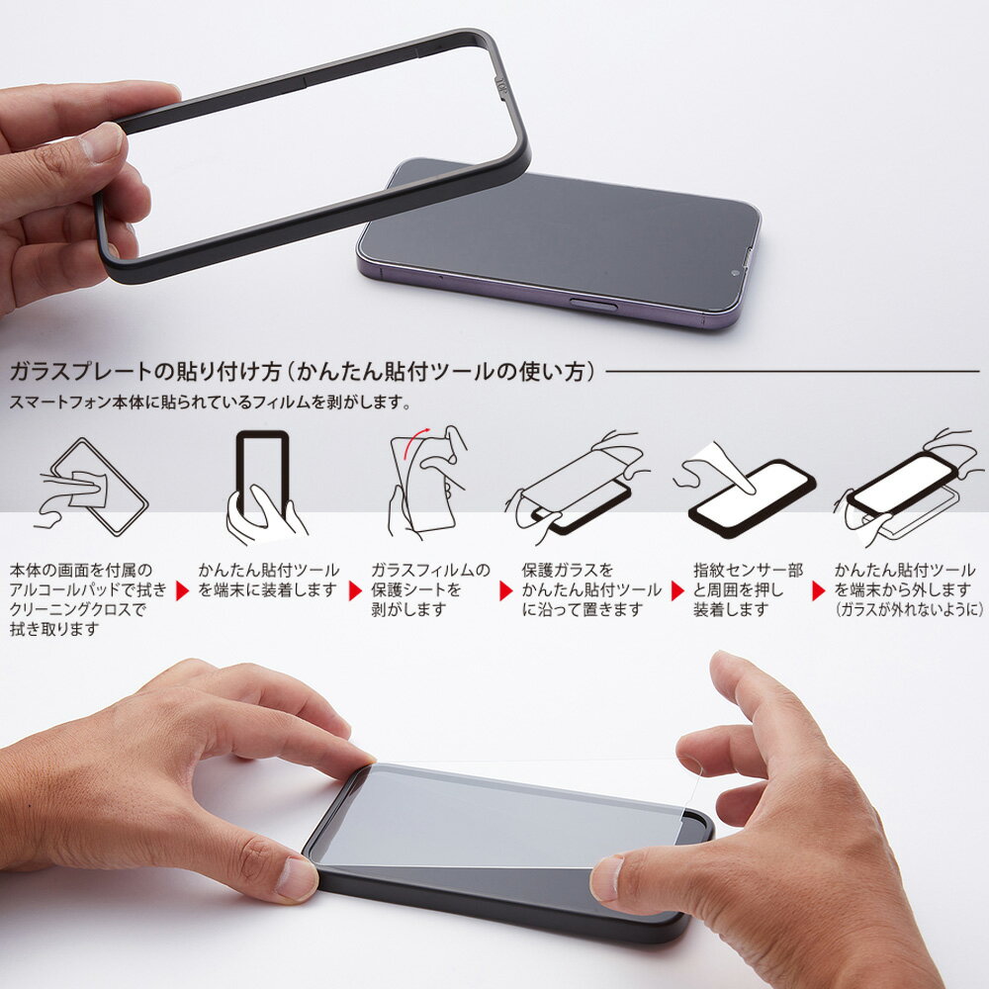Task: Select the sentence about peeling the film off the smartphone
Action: [x=209, y=404]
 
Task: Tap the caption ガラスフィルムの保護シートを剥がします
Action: [x=429, y=590]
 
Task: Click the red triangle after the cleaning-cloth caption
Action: [x=182, y=591]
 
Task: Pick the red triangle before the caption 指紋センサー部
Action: [x=678, y=591]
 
